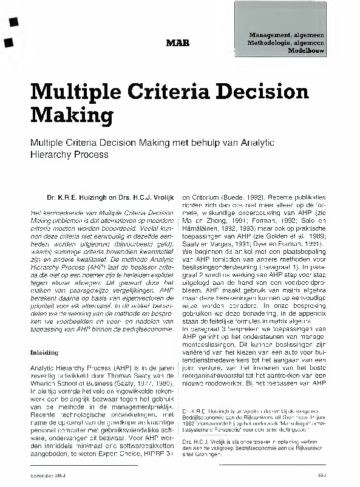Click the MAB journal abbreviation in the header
click(177, 43)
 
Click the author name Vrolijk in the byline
click(160, 198)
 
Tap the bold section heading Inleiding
click(44, 352)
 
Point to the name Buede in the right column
click(236, 198)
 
